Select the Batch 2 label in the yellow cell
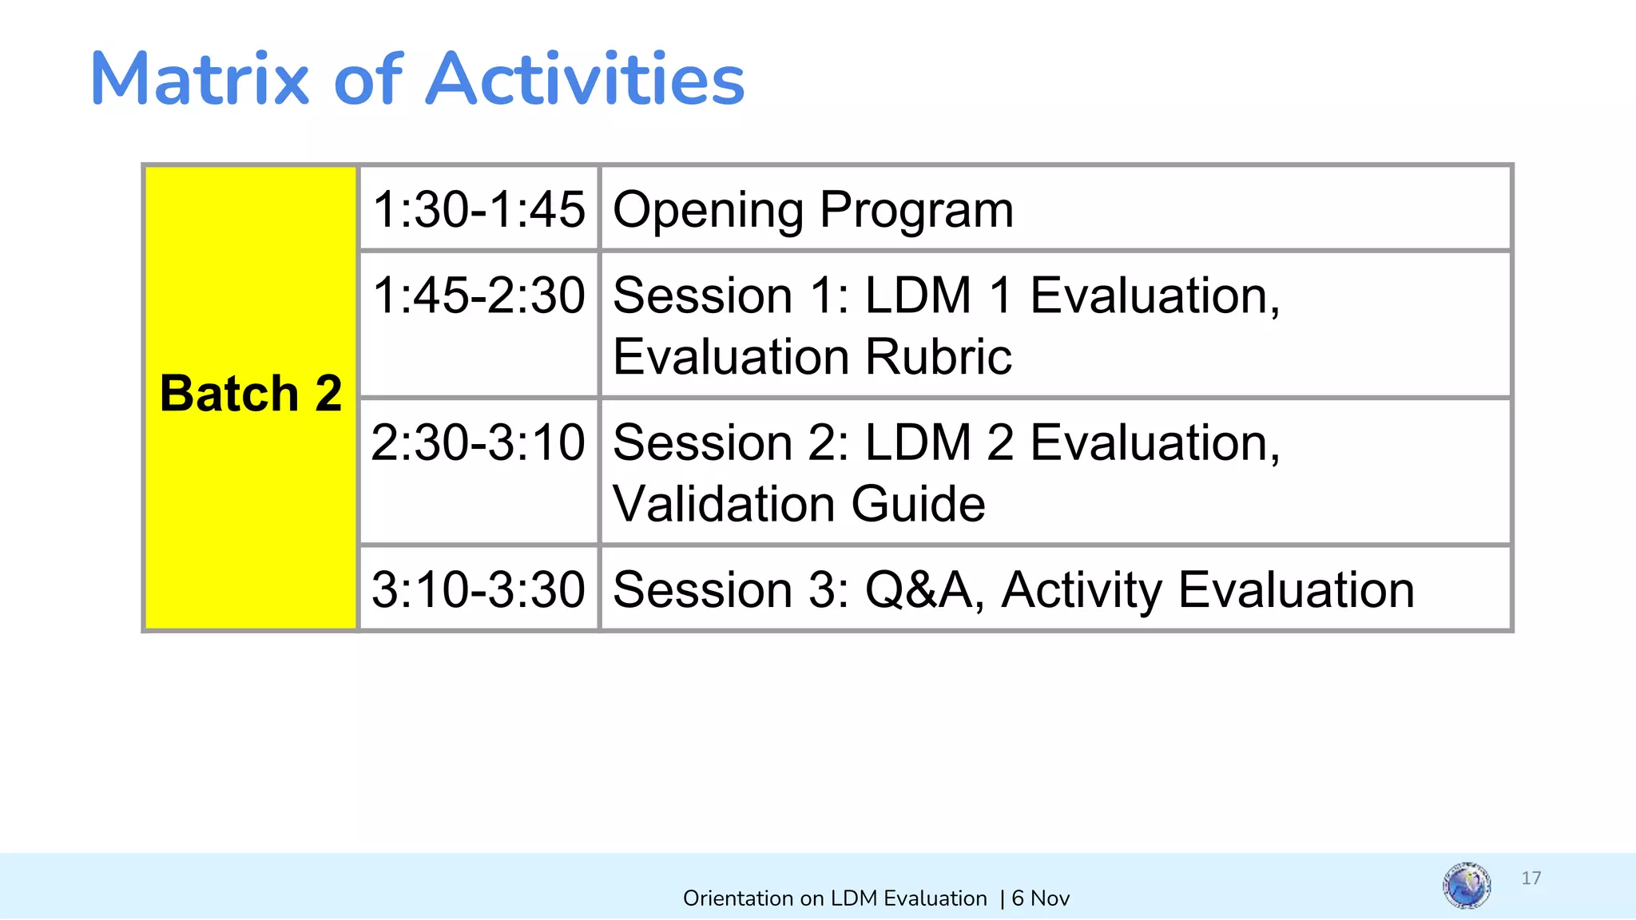pos(251,394)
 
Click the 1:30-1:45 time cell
pos(478,209)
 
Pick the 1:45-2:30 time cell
pos(478,295)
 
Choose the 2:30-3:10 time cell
pos(478,442)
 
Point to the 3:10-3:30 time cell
pos(478,589)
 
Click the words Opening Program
pos(812,210)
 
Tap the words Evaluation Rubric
pos(812,356)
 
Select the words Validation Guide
pos(799,504)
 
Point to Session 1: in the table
pos(731,295)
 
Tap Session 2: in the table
pos(731,442)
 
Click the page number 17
pos(1531,878)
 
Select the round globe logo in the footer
pos(1467,885)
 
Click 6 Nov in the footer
pos(1040,898)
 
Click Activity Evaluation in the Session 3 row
pos(1207,589)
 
